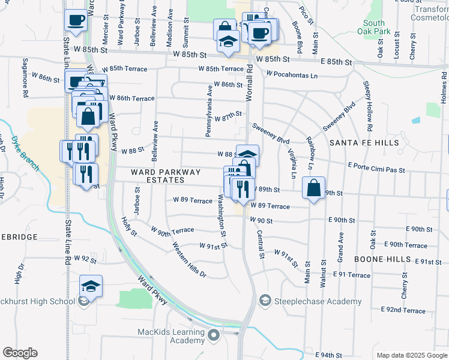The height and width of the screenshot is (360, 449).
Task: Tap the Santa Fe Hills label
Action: pyautogui.click(x=364, y=143)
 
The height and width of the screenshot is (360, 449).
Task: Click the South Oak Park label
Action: pyautogui.click(x=373, y=27)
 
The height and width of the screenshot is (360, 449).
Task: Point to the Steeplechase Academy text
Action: pyautogui.click(x=318, y=301)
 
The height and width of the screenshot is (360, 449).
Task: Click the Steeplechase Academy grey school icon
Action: pyautogui.click(x=265, y=299)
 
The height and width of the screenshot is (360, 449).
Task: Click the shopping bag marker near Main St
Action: pyautogui.click(x=314, y=188)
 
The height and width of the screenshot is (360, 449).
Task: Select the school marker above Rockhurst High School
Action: pyautogui.click(x=91, y=286)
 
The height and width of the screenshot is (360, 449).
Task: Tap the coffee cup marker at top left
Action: pyautogui.click(x=76, y=20)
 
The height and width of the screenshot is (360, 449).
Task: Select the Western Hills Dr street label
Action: pyautogui.click(x=189, y=259)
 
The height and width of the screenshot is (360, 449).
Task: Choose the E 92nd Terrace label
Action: pyautogui.click(x=403, y=310)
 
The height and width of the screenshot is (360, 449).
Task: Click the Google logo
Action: pyautogui.click(x=20, y=353)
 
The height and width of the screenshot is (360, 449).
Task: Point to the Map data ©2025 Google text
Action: pyautogui.click(x=411, y=355)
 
